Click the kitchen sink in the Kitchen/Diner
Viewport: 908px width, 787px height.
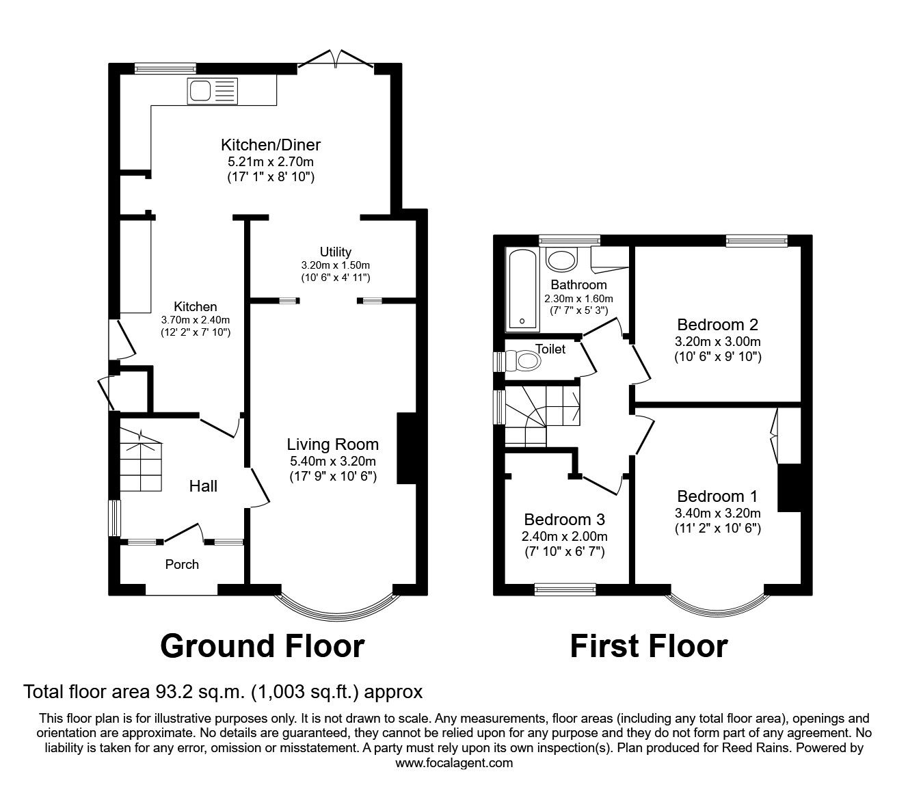(x=213, y=90)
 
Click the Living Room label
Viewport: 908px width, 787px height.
(x=332, y=444)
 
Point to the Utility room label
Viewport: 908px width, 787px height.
(x=335, y=252)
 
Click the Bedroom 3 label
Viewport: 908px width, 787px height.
(x=564, y=519)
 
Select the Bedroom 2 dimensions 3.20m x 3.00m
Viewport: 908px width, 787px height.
(x=717, y=342)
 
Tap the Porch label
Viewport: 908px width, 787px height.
(x=182, y=564)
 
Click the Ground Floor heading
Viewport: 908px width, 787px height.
(x=262, y=645)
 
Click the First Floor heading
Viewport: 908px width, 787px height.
(x=648, y=645)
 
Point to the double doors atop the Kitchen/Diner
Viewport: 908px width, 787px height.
(x=336, y=60)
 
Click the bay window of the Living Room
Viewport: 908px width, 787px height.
(x=336, y=606)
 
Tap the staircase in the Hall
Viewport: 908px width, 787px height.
(x=142, y=462)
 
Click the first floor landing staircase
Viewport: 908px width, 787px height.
(x=540, y=414)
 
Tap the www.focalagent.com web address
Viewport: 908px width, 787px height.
(x=454, y=762)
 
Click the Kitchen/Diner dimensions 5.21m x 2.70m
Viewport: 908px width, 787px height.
(x=270, y=162)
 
